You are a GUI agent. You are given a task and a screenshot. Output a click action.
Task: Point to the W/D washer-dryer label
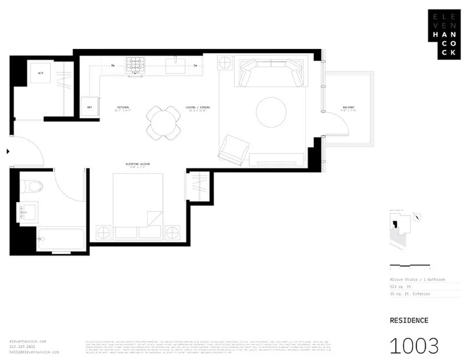(x=41, y=74)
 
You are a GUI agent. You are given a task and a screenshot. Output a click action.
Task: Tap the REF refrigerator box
(x=90, y=107)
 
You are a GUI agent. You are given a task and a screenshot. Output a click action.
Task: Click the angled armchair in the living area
(x=233, y=149)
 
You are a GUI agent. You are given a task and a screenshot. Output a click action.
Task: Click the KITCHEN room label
(x=123, y=107)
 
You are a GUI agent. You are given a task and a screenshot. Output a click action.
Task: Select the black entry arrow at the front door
(x=7, y=152)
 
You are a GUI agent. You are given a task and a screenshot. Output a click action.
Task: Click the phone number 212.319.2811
(x=22, y=347)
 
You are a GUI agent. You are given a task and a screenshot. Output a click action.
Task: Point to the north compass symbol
(x=418, y=217)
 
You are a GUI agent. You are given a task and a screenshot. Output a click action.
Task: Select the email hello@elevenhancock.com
(x=34, y=352)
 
